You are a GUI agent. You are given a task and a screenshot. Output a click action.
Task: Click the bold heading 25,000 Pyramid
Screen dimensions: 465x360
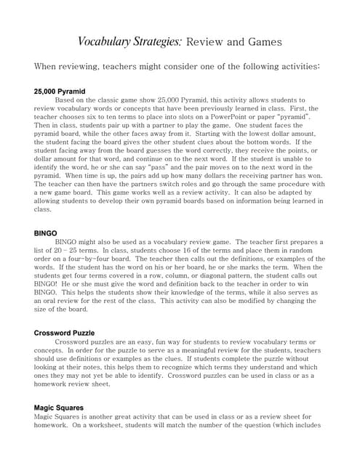pos(60,92)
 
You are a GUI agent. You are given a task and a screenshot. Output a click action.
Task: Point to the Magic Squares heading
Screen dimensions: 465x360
pos(59,408)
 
